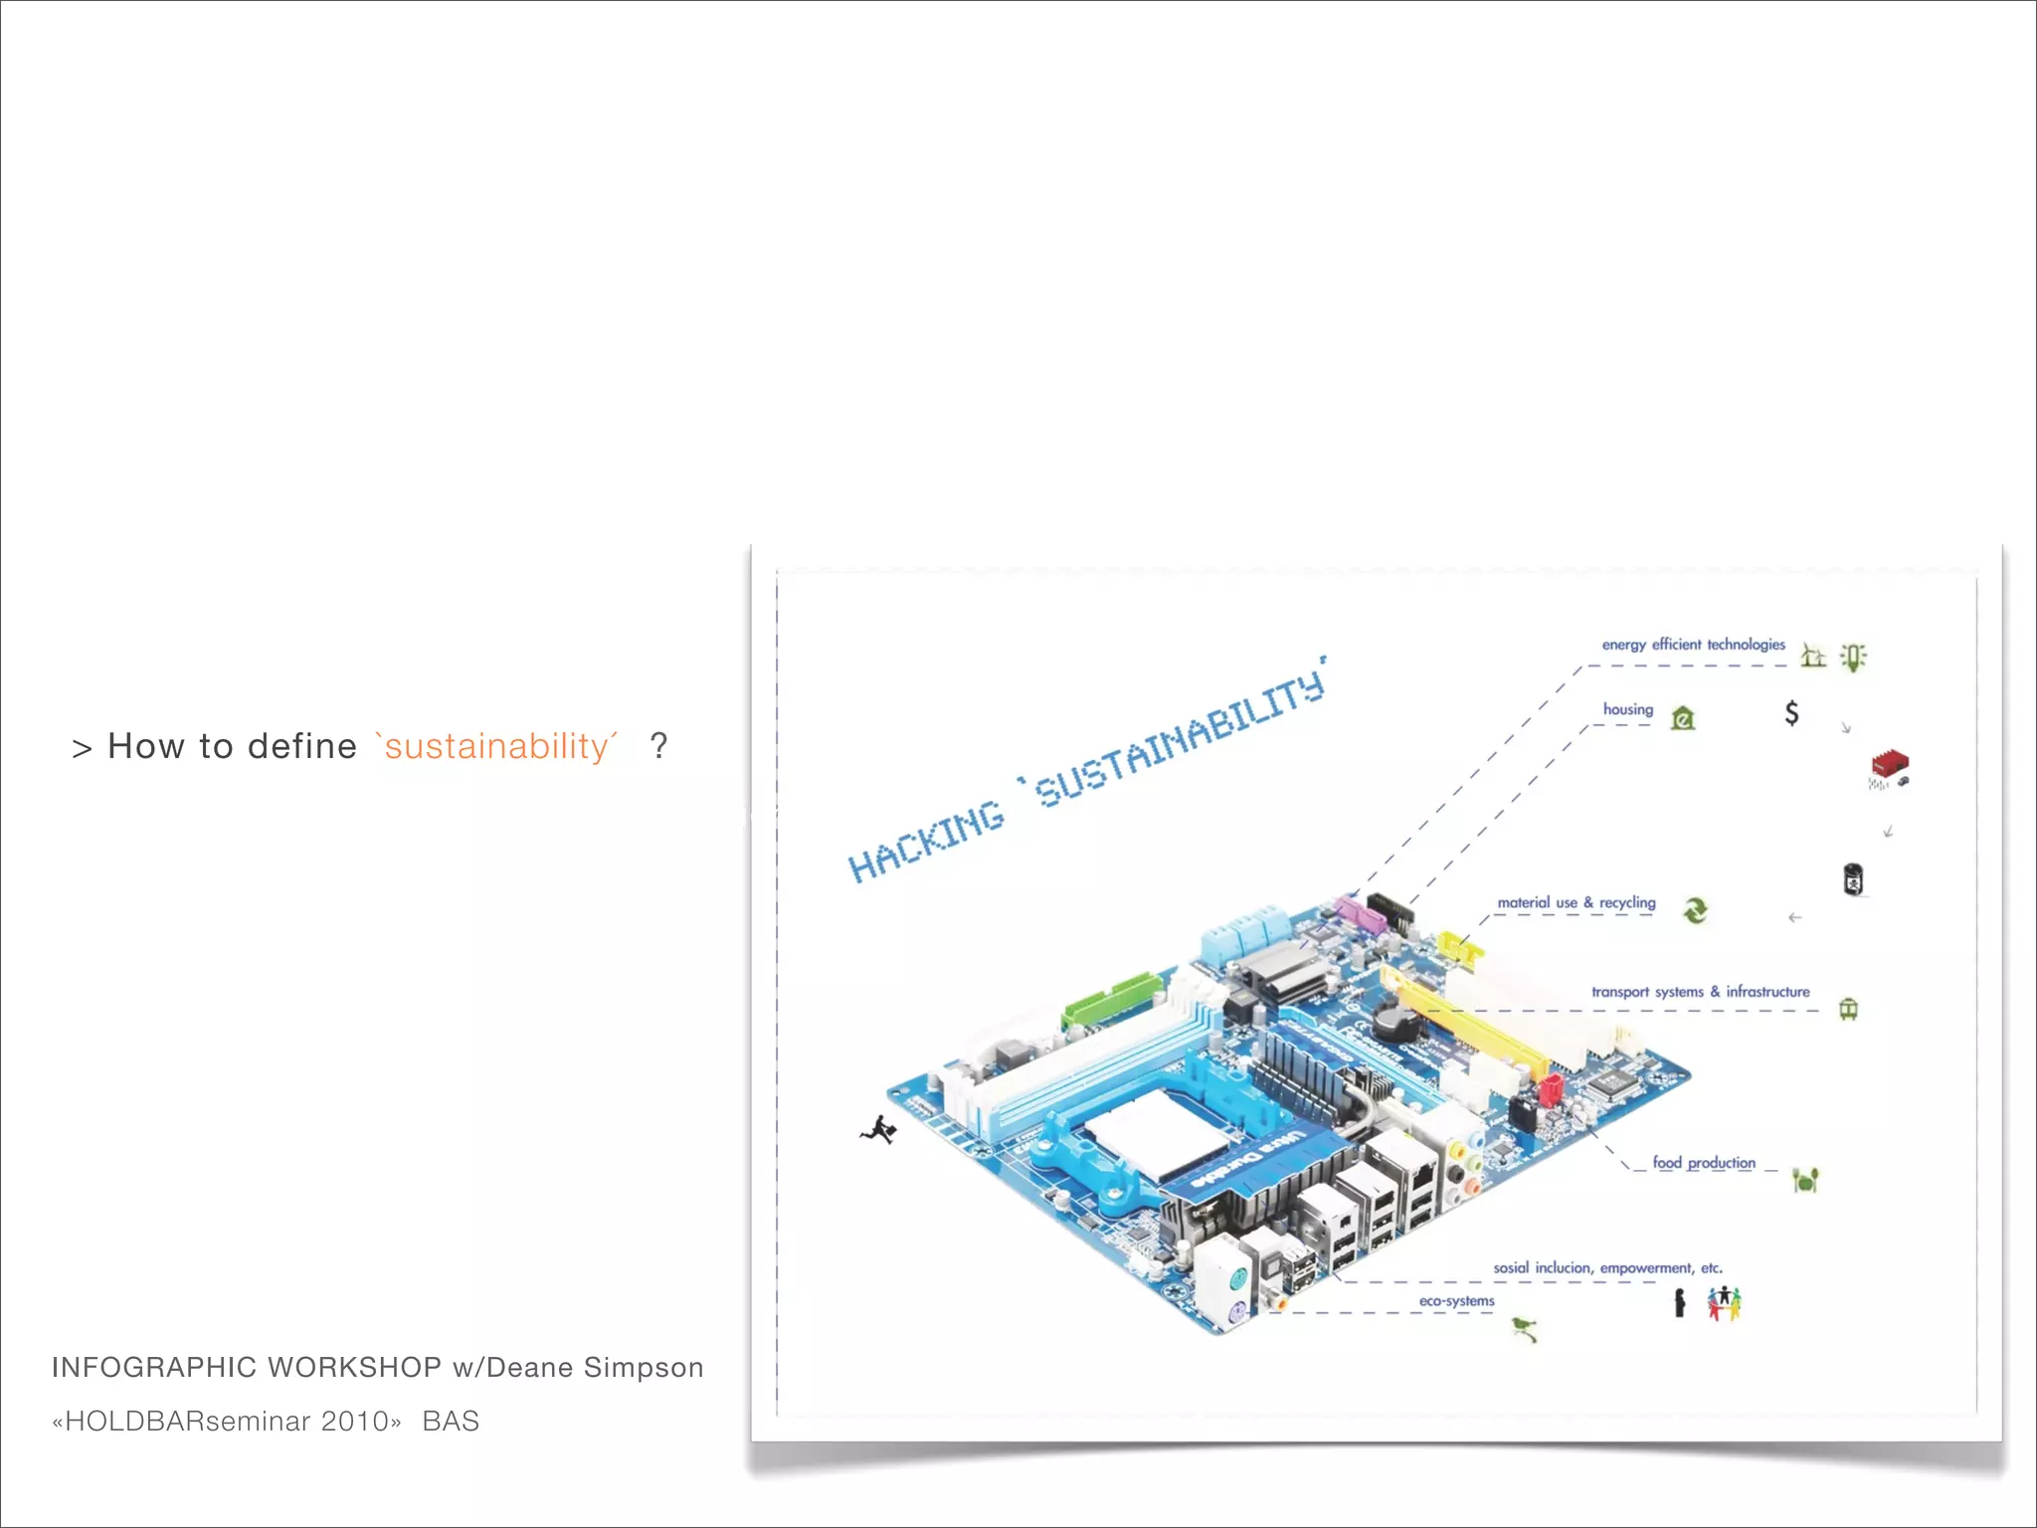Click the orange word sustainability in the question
(496, 746)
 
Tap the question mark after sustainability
(658, 745)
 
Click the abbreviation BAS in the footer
(451, 1422)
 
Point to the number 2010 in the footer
(355, 1422)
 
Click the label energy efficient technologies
(1693, 645)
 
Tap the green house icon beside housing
(1683, 717)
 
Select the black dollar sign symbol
(1791, 712)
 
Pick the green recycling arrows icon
(1696, 909)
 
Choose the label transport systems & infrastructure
(1700, 992)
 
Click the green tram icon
(1848, 1009)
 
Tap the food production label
(1704, 1163)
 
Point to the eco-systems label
(1456, 1301)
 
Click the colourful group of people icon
(1725, 1302)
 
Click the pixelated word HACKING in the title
(926, 842)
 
